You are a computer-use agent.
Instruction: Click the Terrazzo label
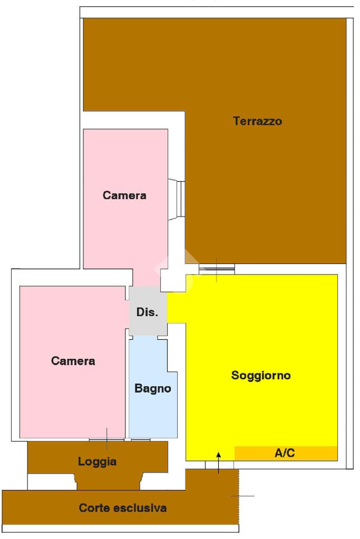pyautogui.click(x=257, y=121)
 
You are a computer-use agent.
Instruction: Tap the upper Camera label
pyautogui.click(x=124, y=195)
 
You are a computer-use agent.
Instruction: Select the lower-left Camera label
pyautogui.click(x=73, y=361)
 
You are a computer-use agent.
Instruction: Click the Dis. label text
pyautogui.click(x=147, y=312)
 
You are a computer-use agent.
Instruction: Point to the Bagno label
pyautogui.click(x=153, y=389)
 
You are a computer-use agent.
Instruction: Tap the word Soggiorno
pyautogui.click(x=261, y=376)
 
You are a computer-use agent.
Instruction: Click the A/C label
pyautogui.click(x=285, y=453)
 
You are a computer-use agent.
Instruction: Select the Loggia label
pyautogui.click(x=97, y=462)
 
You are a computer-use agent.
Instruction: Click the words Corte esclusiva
pyautogui.click(x=123, y=508)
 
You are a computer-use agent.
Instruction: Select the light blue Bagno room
pyautogui.click(x=153, y=411)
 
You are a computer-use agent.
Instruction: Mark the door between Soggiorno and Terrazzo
pyautogui.click(x=217, y=270)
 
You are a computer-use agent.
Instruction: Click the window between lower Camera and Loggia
pyautogui.click(x=106, y=439)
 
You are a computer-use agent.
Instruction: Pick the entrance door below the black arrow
pyautogui.click(x=219, y=465)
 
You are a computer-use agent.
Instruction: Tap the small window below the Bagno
pyautogui.click(x=140, y=439)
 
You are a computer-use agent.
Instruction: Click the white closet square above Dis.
pyautogui.click(x=173, y=278)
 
